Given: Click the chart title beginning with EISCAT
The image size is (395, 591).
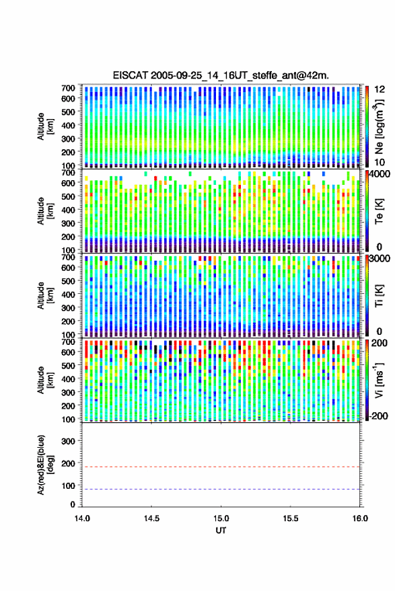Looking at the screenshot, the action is click(x=221, y=75).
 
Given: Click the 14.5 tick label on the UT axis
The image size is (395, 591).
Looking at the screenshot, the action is click(x=151, y=518).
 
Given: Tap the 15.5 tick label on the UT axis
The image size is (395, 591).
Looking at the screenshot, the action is click(x=291, y=518).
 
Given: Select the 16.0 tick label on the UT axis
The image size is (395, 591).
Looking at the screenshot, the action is click(x=360, y=518).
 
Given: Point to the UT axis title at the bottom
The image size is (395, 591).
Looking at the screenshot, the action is click(x=221, y=530).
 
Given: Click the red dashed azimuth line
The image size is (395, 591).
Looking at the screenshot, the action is click(x=221, y=467).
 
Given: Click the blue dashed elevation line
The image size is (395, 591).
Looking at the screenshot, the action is click(x=221, y=489).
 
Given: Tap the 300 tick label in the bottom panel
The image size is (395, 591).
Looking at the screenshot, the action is click(x=68, y=441).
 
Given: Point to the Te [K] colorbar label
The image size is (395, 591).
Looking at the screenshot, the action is click(x=379, y=211).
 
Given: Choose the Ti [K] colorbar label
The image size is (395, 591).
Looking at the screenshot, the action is click(x=379, y=296).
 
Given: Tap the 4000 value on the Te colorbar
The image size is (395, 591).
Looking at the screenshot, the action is click(x=379, y=173).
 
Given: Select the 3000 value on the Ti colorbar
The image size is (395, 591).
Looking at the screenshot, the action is click(x=379, y=258).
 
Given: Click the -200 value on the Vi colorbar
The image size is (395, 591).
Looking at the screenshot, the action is click(x=378, y=416).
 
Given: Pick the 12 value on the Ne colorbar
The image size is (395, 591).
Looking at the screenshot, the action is click(x=380, y=89).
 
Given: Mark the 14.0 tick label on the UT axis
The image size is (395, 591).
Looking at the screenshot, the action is click(x=82, y=518).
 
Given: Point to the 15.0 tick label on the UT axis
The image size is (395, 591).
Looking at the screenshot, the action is click(x=221, y=518).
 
